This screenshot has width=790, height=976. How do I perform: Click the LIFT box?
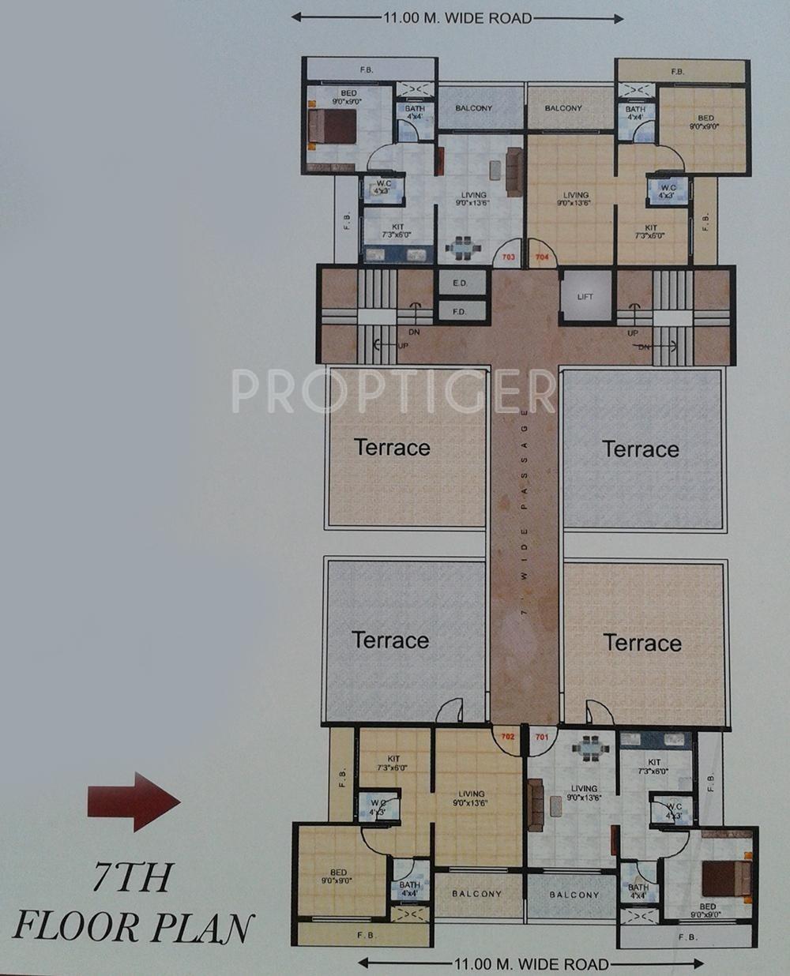pos(585,297)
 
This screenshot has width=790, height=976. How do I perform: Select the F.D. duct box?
pos(459,311)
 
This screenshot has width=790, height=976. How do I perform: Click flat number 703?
pos(508,257)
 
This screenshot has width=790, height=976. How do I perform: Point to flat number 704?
pos(543,257)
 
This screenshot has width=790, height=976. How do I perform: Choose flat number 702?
pos(507,737)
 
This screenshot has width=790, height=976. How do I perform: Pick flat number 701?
pos(541,737)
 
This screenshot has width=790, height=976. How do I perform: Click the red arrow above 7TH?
pos(134,801)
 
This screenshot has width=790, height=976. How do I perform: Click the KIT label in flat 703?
pos(397,231)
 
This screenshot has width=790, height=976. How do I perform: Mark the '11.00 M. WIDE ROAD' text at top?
pos(457,18)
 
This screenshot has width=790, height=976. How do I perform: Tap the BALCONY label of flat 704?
pos(563,108)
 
